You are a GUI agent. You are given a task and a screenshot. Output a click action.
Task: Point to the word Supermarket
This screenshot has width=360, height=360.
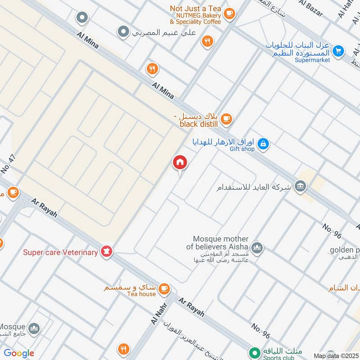(x=312, y=60)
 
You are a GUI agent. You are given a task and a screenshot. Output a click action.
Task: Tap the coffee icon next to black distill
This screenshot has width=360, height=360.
(x=226, y=119)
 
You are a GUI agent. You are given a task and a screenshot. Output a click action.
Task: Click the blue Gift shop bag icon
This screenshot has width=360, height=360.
(x=264, y=144)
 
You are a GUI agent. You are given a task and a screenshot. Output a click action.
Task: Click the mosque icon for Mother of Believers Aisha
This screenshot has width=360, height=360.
(x=257, y=247)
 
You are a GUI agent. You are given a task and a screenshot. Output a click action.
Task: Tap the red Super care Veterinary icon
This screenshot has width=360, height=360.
(x=107, y=252)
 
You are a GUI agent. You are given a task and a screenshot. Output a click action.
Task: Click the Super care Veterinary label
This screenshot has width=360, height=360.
(x=60, y=252)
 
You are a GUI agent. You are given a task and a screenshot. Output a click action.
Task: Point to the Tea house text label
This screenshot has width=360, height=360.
(x=141, y=294)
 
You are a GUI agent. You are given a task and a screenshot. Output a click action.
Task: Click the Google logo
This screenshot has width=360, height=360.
(x=19, y=353)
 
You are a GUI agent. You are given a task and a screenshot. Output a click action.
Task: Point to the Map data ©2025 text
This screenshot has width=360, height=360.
(x=336, y=355)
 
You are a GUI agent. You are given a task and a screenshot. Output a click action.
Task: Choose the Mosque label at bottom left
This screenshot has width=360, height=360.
(x=12, y=326)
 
